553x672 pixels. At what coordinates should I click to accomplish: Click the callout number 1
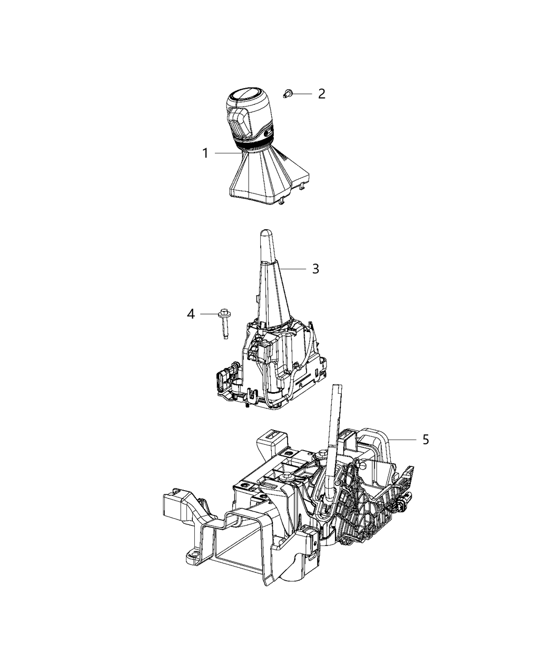point(205,153)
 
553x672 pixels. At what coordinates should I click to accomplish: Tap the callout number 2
point(321,94)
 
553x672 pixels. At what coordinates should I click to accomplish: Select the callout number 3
point(315,269)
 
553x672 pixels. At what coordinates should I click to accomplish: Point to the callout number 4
point(190,314)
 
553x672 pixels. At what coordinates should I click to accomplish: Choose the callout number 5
point(426,439)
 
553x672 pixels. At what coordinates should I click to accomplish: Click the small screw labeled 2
point(287,94)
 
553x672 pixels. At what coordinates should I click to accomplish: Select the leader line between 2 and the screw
point(303,94)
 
